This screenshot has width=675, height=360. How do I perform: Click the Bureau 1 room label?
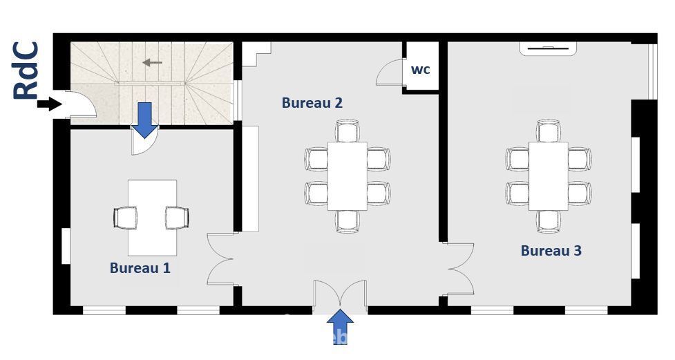coord(140,268)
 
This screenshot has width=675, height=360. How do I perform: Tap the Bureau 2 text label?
coord(312,103)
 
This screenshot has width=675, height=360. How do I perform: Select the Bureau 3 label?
coord(551,251)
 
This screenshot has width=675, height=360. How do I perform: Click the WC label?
coord(421,70)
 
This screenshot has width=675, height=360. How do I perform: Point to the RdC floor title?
coord(26,70)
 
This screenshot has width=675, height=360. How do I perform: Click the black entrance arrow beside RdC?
coord(50,104)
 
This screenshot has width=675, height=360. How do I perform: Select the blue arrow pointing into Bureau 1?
coord(145,120)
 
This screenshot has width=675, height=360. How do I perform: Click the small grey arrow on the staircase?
coord(153,63)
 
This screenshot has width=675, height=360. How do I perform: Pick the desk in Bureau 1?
coord(153,218)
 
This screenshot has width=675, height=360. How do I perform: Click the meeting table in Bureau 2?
coord(348,176)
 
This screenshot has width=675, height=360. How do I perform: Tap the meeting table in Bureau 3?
coord(549,176)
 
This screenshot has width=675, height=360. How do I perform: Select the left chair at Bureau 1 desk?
coord(125,218)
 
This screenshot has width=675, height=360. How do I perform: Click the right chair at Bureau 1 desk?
coord(177,218)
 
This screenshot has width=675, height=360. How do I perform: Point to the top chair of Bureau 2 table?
coord(348,131)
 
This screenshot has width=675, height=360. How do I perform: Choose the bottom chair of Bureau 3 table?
coord(549,221)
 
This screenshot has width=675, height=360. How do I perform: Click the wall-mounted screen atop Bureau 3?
coord(548,48)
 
